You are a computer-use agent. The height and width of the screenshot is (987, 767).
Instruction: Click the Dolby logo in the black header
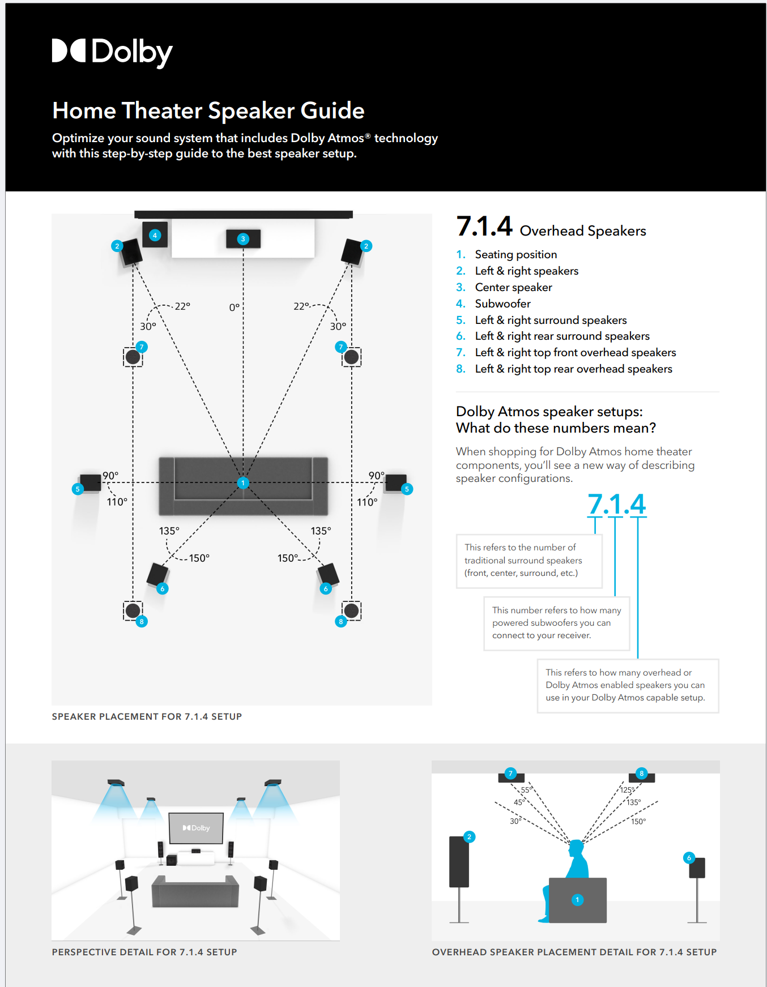(112, 52)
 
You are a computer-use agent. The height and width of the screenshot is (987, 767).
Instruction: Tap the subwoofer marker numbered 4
(155, 236)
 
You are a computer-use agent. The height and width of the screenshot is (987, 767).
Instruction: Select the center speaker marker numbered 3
(243, 239)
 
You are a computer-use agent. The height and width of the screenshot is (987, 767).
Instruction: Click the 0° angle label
(234, 307)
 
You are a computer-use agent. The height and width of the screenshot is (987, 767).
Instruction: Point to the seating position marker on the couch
(243, 483)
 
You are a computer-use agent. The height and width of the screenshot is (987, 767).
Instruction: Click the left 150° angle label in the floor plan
(199, 558)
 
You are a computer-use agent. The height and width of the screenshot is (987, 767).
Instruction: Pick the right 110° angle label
(367, 502)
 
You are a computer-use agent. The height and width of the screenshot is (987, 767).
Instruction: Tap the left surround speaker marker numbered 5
(78, 489)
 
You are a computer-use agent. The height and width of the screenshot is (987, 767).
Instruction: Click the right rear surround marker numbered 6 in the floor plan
(326, 589)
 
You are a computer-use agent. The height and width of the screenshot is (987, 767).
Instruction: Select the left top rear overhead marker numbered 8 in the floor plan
(142, 621)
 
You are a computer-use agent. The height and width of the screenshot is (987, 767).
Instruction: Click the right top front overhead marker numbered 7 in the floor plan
(340, 347)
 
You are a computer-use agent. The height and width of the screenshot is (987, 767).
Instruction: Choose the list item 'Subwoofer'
(502, 304)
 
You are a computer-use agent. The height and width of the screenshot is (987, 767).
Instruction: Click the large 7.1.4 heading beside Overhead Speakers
(484, 227)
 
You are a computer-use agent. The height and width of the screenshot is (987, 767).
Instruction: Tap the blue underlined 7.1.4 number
(616, 504)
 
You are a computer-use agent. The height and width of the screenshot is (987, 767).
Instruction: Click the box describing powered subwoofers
(556, 623)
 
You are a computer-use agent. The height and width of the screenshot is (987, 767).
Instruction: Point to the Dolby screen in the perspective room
(196, 828)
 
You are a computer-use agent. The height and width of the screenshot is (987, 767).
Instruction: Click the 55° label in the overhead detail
(526, 790)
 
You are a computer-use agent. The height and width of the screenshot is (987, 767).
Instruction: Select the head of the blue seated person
(576, 848)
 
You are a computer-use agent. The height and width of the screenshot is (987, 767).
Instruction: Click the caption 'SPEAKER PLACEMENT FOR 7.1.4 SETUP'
(147, 716)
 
